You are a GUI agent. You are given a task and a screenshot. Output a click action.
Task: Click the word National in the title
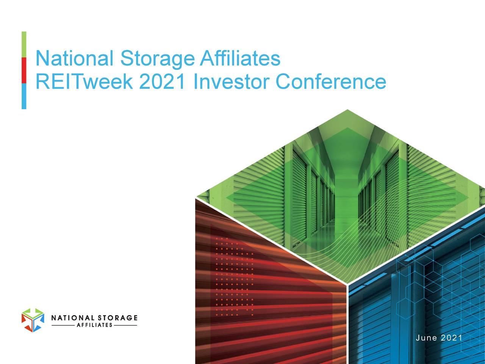click(x=74, y=59)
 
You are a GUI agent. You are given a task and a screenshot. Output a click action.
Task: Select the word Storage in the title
click(x=156, y=59)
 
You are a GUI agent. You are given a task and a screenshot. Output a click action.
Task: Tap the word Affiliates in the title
click(x=240, y=59)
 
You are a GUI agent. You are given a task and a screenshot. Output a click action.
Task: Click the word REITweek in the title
click(x=84, y=82)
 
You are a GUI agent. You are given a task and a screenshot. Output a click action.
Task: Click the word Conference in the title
click(x=331, y=82)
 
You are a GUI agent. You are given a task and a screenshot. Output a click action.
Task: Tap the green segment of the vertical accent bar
click(x=24, y=44)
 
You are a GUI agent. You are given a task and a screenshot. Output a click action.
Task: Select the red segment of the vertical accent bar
click(x=24, y=70)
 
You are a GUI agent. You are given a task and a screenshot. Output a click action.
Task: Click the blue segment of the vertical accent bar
click(x=24, y=96)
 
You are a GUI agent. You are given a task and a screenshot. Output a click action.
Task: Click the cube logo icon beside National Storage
click(x=33, y=320)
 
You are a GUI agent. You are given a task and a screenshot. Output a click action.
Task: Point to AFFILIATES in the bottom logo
click(x=94, y=325)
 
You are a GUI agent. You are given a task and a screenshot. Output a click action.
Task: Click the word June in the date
click(x=426, y=338)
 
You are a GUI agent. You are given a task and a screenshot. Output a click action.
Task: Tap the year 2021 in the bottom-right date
click(x=451, y=338)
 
